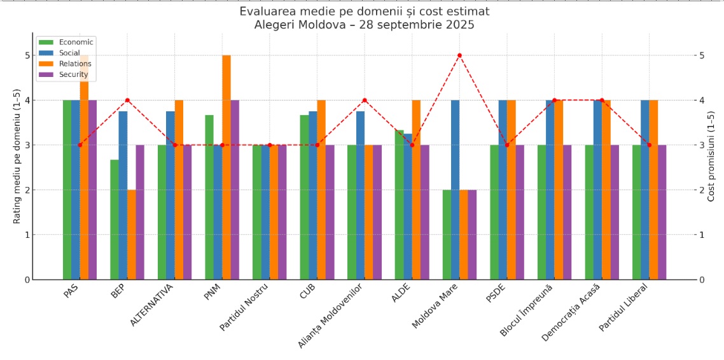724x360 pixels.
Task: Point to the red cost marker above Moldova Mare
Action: point(459,55)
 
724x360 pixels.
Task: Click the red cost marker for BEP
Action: point(127,100)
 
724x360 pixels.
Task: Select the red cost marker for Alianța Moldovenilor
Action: point(365,100)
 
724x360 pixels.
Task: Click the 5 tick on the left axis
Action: point(27,55)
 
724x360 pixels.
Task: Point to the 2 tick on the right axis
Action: point(700,190)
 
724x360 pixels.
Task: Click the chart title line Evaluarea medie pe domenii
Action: point(364,11)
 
